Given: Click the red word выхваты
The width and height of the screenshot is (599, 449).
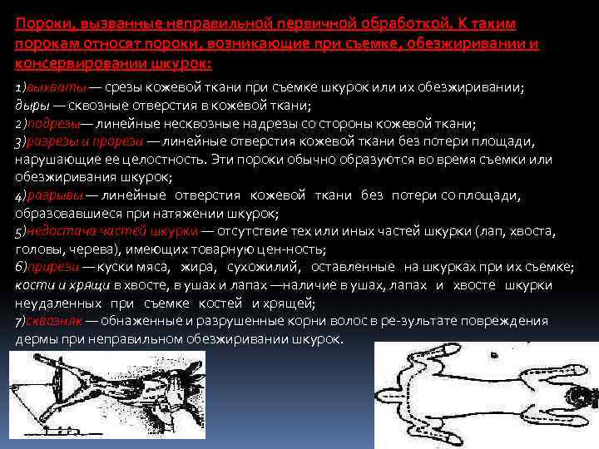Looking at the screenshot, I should coord(53,88).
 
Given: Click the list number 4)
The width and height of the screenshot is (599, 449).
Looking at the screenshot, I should coord(21,195).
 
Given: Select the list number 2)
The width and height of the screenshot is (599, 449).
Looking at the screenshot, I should coord(21,124).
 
